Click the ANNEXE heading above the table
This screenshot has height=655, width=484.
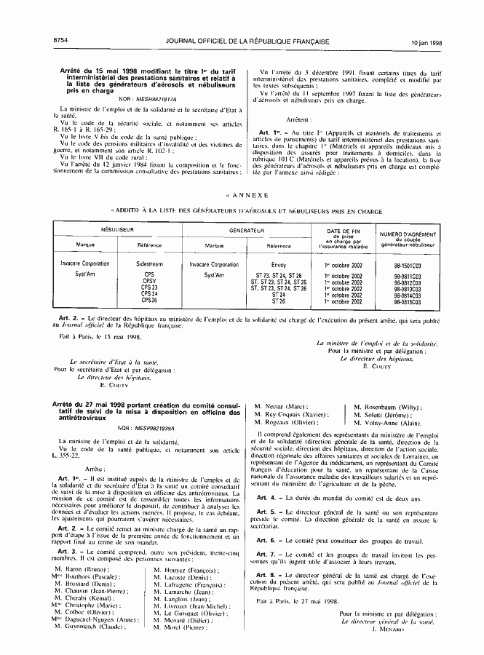pyautogui.click(x=250, y=195)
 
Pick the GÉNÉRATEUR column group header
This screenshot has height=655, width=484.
pyautogui.click(x=247, y=230)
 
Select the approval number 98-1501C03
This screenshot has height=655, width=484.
pyautogui.click(x=408, y=266)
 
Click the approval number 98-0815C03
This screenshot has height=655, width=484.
pyautogui.click(x=408, y=301)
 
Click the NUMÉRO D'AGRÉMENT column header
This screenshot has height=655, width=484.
pyautogui.click(x=408, y=236)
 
